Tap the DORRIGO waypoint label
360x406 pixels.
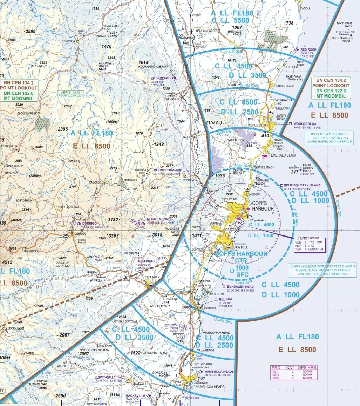pos(89,223)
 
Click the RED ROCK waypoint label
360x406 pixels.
pos(308,49)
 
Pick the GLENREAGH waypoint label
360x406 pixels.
pos(161,78)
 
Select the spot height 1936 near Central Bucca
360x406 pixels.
pos(220,176)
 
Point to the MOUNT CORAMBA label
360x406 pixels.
pos(167,171)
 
